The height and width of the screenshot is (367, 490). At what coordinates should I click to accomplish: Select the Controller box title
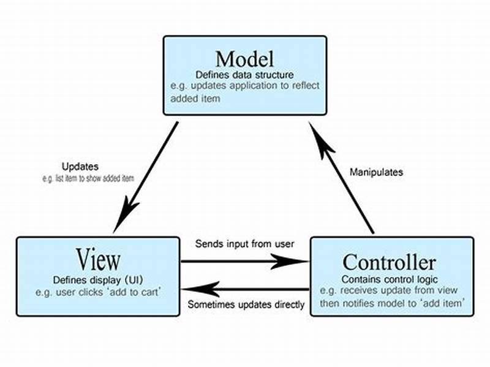coord(389,262)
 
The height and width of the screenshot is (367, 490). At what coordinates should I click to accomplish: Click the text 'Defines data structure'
coord(244,75)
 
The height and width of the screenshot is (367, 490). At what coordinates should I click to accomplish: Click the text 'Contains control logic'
coord(389,279)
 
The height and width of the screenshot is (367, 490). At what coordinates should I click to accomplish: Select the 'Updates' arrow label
coord(80,167)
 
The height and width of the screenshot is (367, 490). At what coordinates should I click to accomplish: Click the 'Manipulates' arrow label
coord(376,172)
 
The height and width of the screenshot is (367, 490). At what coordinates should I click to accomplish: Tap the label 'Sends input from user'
coord(245,243)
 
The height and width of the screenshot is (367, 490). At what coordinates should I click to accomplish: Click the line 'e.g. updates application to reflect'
coord(244,86)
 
